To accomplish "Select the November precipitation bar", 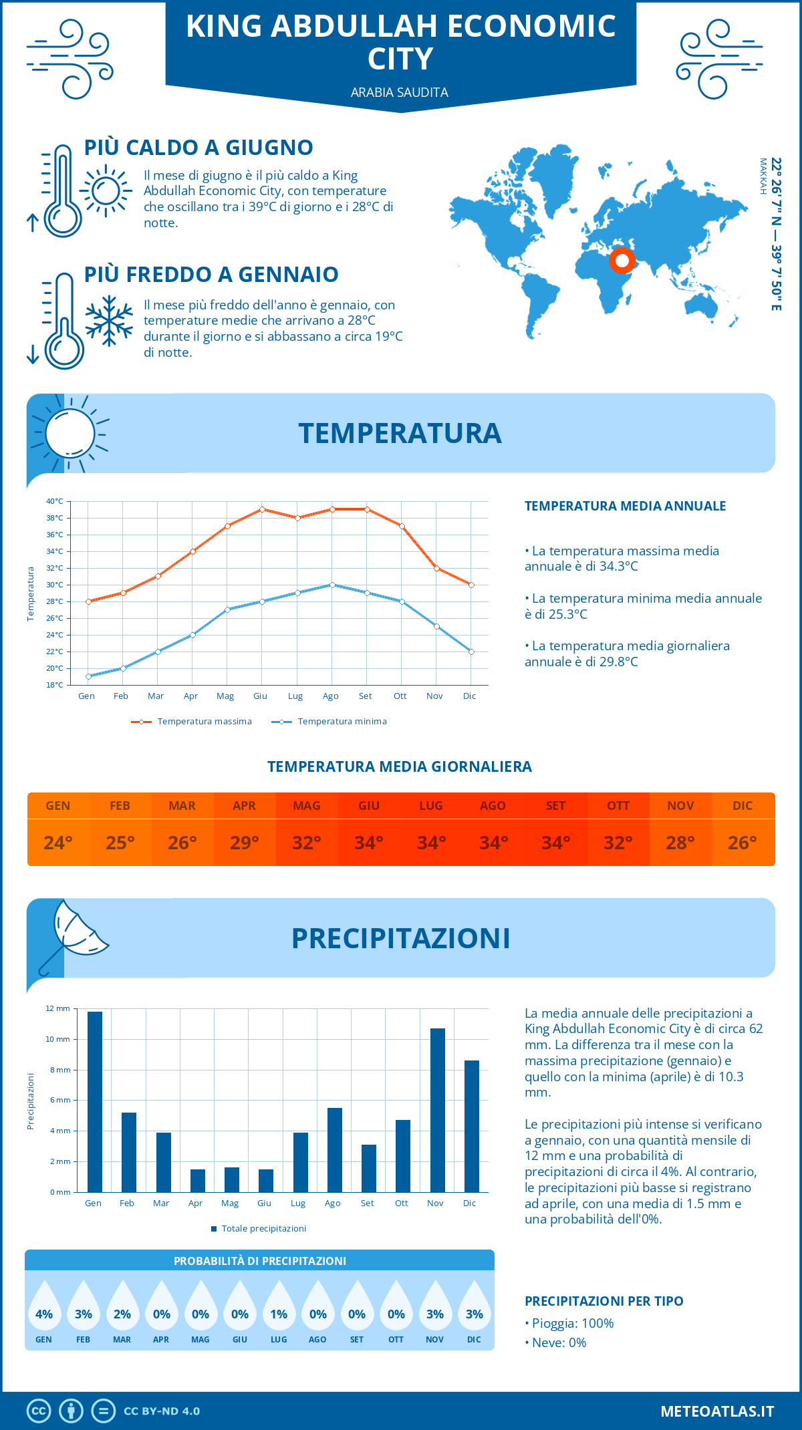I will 438,1110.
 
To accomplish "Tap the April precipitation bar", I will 198,1181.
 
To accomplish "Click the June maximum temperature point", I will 262,509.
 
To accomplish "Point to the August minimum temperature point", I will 332,585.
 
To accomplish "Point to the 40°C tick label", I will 55,501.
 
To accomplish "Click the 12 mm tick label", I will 57,1008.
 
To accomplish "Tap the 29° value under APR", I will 245,843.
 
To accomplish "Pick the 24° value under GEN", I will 58,843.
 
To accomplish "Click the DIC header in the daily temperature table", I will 743,806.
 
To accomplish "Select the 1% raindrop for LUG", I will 279,1310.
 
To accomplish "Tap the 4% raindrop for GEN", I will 44,1310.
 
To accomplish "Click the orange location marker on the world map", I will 622,260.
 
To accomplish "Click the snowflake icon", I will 109,321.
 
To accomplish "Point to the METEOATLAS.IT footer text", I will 717,1411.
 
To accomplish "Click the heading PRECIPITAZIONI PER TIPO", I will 604,1301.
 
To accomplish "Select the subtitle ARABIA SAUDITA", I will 400,92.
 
